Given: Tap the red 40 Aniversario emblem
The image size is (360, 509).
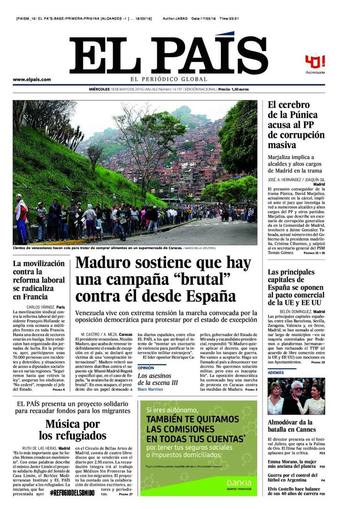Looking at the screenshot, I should pos(315,63).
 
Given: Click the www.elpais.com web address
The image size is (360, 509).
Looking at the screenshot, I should pos(32,80).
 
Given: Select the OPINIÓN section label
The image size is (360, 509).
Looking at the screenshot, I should pos(145,368).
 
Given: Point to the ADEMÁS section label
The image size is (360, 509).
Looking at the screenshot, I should pos(276,372).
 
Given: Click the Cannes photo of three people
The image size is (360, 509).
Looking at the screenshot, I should pos(296,396).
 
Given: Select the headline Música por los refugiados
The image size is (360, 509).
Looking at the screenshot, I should pos(72,430).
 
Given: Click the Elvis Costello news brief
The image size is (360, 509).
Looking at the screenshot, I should pos(296,491).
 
